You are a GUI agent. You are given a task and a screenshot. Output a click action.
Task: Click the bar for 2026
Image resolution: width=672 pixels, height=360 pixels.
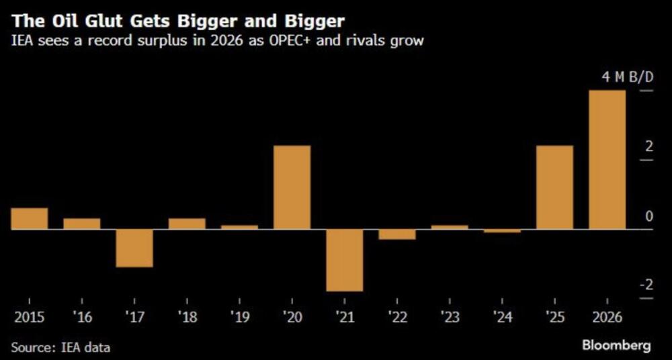[607, 160]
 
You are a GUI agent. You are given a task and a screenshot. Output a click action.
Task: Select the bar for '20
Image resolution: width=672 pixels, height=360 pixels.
[292, 187]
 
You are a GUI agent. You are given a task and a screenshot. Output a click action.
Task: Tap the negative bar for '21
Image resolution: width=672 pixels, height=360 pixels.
[345, 260]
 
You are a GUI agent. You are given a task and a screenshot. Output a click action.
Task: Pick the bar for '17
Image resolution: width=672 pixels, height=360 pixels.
[134, 248]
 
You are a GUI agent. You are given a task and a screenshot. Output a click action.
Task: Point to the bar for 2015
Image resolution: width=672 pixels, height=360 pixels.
[30, 218]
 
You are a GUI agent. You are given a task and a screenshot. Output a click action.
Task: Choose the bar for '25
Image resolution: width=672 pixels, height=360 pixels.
[554, 187]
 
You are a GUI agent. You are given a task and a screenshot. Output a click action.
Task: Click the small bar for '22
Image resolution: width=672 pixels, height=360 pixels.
[397, 234]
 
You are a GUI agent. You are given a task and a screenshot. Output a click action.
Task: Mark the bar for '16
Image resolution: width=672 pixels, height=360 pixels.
[82, 224]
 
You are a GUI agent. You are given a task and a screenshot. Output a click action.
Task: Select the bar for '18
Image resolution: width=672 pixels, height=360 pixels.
[187, 224]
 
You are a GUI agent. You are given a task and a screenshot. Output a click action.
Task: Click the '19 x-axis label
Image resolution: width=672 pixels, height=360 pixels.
[239, 315]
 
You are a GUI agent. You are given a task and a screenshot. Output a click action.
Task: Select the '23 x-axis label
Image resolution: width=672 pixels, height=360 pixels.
[450, 315]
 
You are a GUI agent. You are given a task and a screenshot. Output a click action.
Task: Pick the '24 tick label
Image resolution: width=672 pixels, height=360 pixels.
[502, 315]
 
